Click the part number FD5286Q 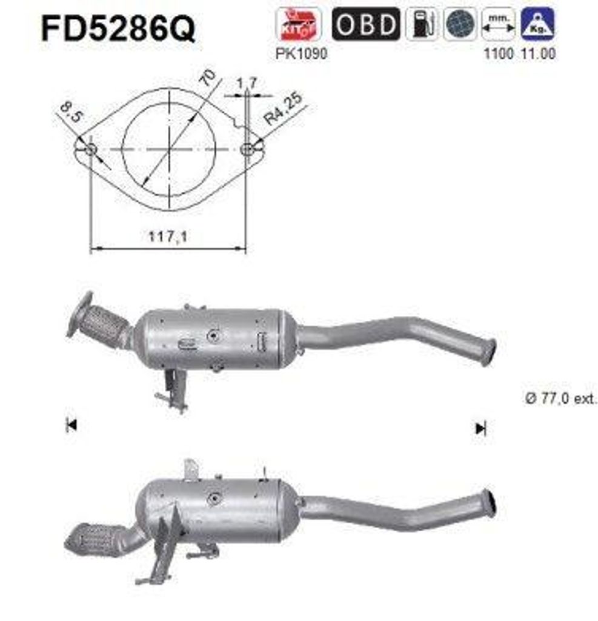click(x=118, y=29)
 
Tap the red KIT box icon click(x=299, y=24)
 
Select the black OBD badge click(x=366, y=24)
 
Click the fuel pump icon click(x=422, y=24)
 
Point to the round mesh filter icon click(x=460, y=24)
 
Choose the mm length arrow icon click(x=498, y=24)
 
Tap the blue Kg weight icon click(x=537, y=24)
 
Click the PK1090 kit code click(x=302, y=53)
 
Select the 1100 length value click(x=499, y=53)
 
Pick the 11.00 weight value click(x=538, y=53)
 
